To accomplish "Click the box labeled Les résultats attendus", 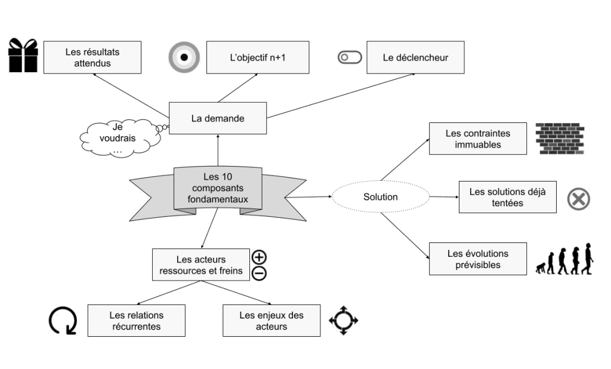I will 93,57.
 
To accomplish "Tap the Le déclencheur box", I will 415,57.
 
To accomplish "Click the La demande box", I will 218,118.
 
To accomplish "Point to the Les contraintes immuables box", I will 477,139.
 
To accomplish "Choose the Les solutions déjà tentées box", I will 507,197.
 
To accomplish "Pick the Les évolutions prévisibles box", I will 477,259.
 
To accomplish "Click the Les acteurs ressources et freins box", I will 201,266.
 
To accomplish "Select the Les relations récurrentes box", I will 136,320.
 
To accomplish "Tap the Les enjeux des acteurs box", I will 271,320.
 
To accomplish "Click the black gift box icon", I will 23,56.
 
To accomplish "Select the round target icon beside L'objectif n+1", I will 184,57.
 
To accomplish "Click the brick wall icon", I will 559,139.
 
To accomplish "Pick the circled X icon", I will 578,198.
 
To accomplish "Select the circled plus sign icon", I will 260,258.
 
